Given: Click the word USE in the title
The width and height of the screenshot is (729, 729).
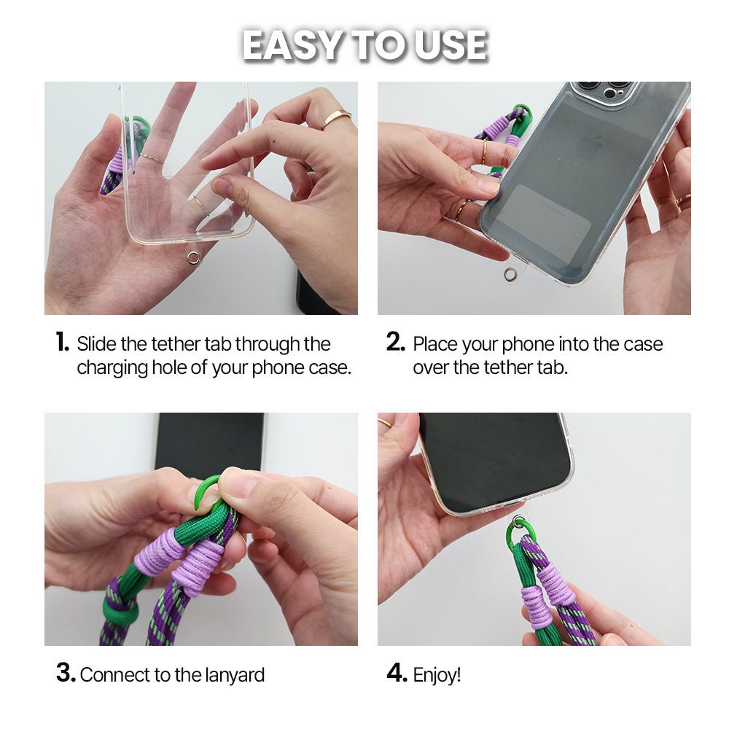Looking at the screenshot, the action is click(451, 45).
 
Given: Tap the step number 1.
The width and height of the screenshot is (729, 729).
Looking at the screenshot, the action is click(62, 342).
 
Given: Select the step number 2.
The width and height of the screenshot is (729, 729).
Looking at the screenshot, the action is click(396, 342).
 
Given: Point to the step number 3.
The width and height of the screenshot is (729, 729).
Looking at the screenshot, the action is click(66, 673).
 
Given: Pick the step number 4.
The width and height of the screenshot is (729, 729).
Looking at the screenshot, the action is click(397, 673).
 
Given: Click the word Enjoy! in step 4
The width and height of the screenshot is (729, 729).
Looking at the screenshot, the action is click(437, 675).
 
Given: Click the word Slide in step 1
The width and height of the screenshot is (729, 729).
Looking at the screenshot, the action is click(96, 344).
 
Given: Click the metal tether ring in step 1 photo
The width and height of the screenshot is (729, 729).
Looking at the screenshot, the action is click(193, 257).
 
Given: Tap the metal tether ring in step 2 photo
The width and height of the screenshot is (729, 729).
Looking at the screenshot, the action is click(510, 275).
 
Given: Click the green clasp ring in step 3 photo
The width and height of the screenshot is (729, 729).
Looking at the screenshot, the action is click(203, 494).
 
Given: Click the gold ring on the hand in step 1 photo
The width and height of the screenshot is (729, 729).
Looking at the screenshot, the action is click(337, 118).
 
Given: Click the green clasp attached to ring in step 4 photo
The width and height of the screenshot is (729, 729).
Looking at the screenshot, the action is click(518, 534).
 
